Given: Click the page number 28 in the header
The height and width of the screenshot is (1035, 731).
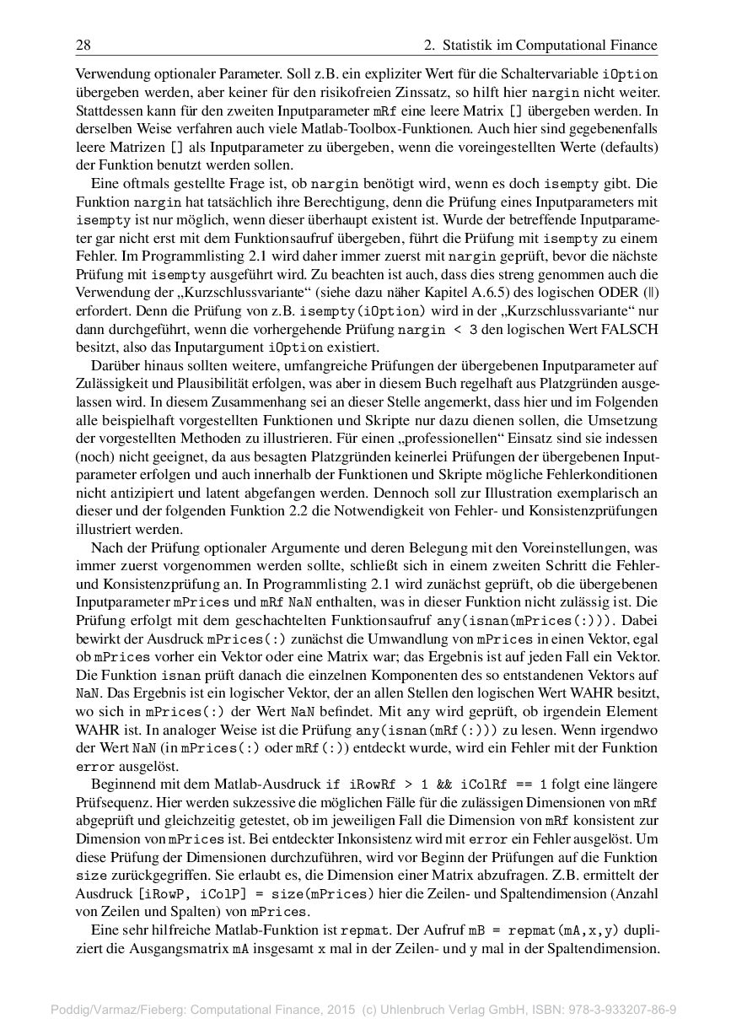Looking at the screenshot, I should point(83,45).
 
